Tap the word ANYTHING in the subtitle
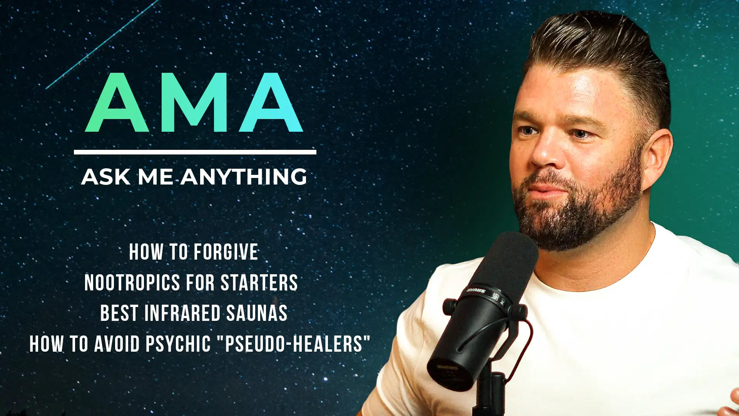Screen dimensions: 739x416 tap(244, 177)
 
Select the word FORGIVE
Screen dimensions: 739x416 tap(226, 252)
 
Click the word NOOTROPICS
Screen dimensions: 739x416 tap(132, 283)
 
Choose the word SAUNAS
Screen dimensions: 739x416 tap(257, 313)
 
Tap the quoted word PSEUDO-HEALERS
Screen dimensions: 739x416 tap(294, 344)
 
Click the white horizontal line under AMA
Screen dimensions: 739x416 tap(195, 152)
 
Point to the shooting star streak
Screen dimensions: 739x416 tap(102, 44)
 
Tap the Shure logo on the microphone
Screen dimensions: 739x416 tap(475, 290)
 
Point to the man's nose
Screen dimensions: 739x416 tap(543, 154)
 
